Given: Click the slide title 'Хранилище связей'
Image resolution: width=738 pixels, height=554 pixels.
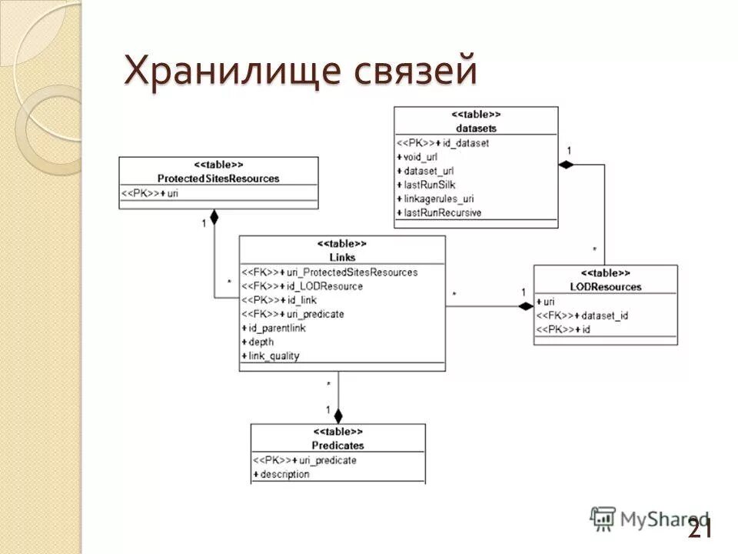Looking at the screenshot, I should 301,72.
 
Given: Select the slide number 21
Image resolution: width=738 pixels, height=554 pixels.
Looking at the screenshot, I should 700,528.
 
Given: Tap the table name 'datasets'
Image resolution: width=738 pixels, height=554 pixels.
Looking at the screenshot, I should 476,128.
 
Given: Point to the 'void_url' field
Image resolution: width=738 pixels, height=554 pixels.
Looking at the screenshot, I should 421,157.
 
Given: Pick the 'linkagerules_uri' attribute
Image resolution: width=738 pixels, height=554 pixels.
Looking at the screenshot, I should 439,199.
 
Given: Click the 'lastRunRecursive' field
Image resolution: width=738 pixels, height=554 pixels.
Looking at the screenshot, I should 442,212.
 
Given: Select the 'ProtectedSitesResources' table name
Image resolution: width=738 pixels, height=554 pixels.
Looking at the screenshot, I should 218,179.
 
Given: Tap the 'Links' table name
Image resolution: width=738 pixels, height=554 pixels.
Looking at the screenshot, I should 342,257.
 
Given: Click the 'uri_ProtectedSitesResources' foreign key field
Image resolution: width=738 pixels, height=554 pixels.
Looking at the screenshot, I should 351,272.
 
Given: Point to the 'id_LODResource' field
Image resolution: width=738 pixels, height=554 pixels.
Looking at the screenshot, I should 324,286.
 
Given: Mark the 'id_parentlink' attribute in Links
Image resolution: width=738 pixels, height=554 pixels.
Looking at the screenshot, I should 277,328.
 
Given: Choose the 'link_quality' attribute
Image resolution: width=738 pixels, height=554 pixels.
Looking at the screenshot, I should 274,355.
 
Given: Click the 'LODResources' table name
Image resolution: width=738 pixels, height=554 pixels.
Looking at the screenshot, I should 606,287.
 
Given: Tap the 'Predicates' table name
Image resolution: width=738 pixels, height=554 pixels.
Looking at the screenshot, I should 338,446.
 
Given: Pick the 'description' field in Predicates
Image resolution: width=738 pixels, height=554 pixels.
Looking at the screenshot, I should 284,474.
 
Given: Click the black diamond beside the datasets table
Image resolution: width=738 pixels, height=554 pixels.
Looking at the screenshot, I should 567,165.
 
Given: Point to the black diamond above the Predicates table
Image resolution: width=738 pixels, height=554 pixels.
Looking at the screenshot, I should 338,415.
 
